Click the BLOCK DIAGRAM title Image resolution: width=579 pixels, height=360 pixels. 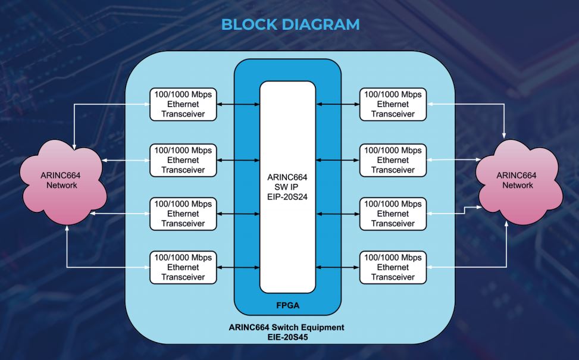[x=290, y=25]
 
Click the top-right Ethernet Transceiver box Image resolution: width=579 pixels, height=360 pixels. [x=393, y=104]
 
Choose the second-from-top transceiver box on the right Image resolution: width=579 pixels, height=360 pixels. [x=393, y=160]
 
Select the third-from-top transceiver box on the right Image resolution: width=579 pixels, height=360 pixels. [x=393, y=214]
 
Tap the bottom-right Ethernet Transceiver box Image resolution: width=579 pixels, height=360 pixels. [x=393, y=267]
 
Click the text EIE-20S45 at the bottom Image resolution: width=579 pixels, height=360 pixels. [x=287, y=337]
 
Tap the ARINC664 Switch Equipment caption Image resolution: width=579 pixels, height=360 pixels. [x=287, y=328]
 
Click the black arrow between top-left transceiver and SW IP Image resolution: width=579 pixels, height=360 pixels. [x=238, y=104]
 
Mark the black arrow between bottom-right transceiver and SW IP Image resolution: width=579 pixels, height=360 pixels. [x=337, y=267]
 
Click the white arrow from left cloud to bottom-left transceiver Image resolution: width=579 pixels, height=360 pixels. [x=107, y=267]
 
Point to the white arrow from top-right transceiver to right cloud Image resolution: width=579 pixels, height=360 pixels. [x=470, y=104]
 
